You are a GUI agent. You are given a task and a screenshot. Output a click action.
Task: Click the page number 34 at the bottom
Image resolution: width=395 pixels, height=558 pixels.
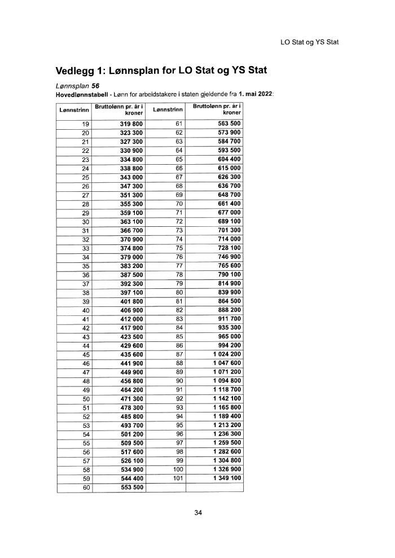point(197,513)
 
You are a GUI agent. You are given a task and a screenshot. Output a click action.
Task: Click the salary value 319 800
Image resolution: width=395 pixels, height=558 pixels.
point(131,124)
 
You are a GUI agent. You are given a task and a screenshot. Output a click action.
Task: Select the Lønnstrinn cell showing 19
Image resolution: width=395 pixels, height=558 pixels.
point(86,124)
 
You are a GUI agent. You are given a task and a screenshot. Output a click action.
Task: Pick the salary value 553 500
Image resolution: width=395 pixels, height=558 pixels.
point(131,487)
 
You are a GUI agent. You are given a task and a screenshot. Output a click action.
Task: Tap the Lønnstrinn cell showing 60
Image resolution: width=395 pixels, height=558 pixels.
point(86,487)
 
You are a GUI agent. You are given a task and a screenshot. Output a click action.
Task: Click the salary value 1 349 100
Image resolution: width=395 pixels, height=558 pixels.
point(227,478)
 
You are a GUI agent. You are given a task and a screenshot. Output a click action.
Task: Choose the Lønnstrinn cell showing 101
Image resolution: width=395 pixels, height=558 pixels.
point(179,478)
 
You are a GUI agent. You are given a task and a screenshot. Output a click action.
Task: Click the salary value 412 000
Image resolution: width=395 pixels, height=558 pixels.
point(131,319)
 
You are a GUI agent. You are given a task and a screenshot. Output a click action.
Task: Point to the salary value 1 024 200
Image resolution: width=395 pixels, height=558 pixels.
point(227,354)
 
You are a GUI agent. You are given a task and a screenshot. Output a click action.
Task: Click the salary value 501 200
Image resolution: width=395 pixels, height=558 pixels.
point(131,434)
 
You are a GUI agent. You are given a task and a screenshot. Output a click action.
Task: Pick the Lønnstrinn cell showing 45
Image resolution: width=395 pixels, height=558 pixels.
point(86,354)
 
